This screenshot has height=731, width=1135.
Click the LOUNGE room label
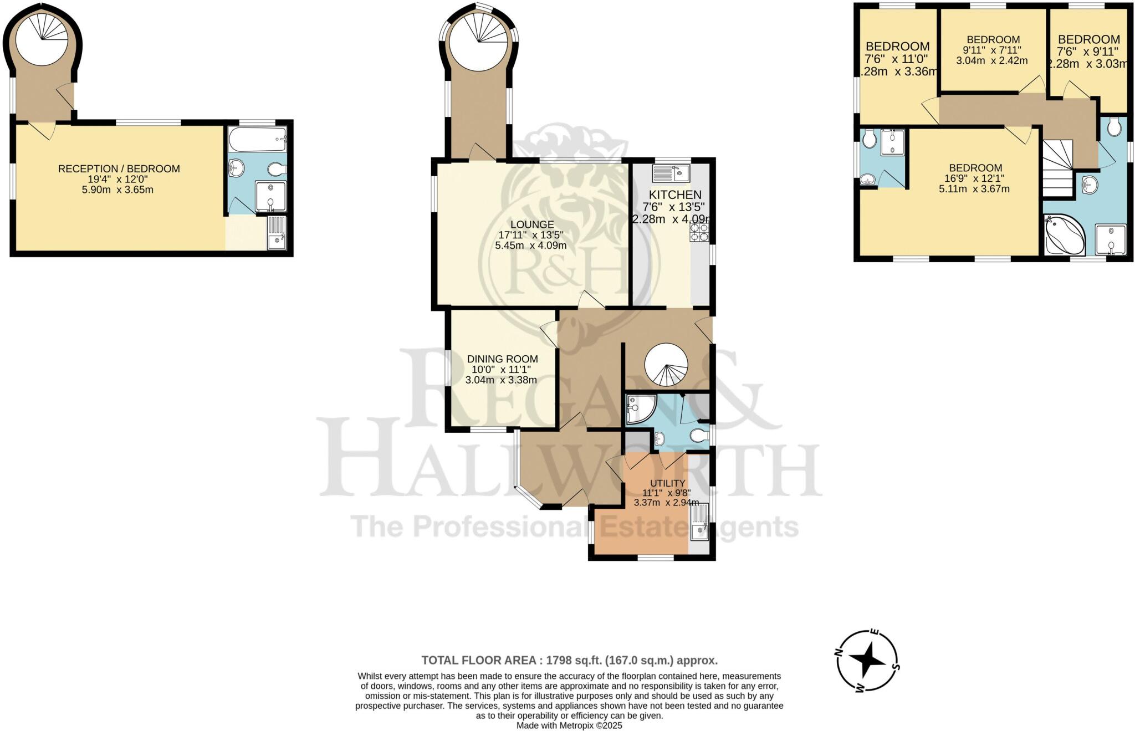click(531, 224)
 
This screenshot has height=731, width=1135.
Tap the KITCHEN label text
click(674, 195)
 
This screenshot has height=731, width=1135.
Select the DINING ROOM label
click(502, 359)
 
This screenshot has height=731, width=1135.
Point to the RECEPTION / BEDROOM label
click(119, 169)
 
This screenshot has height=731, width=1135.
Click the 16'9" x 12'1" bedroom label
click(975, 178)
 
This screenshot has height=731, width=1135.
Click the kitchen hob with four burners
click(699, 232)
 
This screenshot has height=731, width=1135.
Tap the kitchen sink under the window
click(671, 173)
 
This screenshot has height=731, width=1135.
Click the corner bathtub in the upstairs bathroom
click(1063, 237)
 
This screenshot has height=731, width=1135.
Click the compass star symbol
click(867, 660)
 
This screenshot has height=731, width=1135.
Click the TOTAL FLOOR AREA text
click(569, 660)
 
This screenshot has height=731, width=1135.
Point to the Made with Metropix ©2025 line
click(569, 725)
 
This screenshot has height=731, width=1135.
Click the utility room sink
click(699, 522)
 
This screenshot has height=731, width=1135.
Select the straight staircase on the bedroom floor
click(1058, 168)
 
